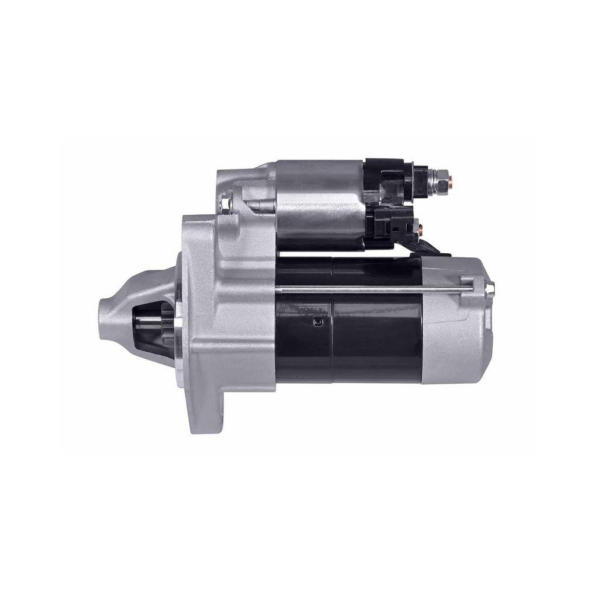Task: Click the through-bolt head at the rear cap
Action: (490, 289)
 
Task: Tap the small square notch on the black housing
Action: (318, 323)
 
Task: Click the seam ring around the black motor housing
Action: (332, 320)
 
